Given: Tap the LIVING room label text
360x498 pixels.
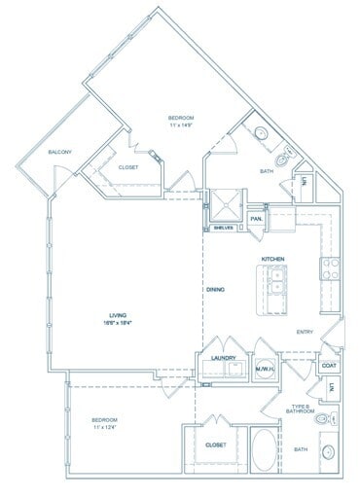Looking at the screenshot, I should (x=120, y=315).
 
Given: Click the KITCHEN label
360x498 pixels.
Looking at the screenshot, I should (x=272, y=258).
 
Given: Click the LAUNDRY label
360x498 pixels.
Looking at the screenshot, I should (x=225, y=358).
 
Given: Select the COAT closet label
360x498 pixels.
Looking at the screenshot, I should (x=330, y=366).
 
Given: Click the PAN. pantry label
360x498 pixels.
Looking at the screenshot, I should (x=257, y=220).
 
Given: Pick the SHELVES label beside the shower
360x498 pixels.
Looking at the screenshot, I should (x=225, y=229).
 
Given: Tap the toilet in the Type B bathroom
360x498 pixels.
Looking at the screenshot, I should (x=324, y=420).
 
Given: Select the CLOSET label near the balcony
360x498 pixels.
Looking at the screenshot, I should (x=127, y=167).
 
